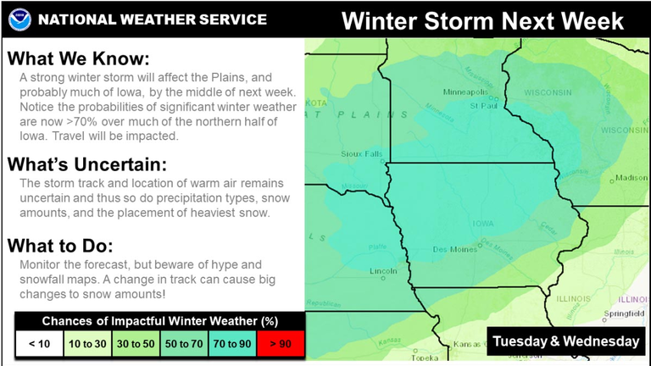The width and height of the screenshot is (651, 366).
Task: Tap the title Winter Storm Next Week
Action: (x=482, y=19)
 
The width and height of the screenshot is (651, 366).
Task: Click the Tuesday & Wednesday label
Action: (x=566, y=341)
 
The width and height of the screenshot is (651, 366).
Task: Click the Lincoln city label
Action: (x=384, y=271)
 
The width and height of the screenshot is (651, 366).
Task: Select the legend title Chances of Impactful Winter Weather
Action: (x=160, y=321)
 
